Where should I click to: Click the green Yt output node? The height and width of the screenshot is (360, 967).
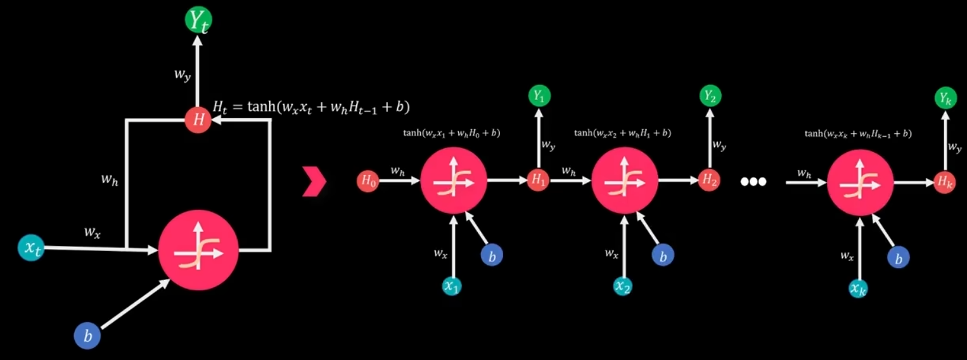tap(198, 20)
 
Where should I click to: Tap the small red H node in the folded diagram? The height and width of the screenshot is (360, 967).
tap(198, 120)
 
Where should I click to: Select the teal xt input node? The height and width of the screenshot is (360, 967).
tap(31, 248)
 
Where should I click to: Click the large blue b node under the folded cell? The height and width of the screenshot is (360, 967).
tap(87, 335)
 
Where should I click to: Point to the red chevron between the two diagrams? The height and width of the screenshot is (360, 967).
tap(315, 183)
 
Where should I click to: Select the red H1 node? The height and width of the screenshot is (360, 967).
tap(539, 181)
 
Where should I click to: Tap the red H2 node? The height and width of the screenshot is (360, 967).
tap(710, 181)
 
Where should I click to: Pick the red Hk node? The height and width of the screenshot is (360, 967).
tap(945, 183)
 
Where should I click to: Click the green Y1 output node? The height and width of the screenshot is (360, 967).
tap(539, 96)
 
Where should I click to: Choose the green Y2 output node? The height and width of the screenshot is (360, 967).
tap(710, 96)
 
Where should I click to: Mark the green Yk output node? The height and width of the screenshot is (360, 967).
tap(945, 98)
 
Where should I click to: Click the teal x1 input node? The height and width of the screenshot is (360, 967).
tap(452, 286)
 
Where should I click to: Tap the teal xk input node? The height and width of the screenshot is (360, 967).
tap(858, 288)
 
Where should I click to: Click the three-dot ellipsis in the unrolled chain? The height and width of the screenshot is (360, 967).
tap(753, 182)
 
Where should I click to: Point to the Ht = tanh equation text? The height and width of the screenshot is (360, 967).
tap(311, 108)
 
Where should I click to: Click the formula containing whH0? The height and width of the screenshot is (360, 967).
tap(451, 133)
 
